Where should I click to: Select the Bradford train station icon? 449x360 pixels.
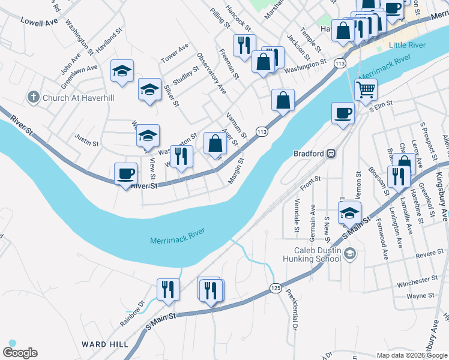[x=330, y=153]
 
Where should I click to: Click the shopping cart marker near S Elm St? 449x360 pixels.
[x=366, y=90]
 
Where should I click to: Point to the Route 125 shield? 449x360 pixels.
[x=276, y=288]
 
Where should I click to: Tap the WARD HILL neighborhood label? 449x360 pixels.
[x=105, y=344]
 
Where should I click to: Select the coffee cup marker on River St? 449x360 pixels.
[x=125, y=174]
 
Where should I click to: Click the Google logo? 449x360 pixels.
[x=20, y=353]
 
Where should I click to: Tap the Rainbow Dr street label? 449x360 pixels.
[x=133, y=313]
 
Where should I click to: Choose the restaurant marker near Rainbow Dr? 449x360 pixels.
[x=168, y=289]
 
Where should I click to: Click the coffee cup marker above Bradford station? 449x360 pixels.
[x=343, y=113]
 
